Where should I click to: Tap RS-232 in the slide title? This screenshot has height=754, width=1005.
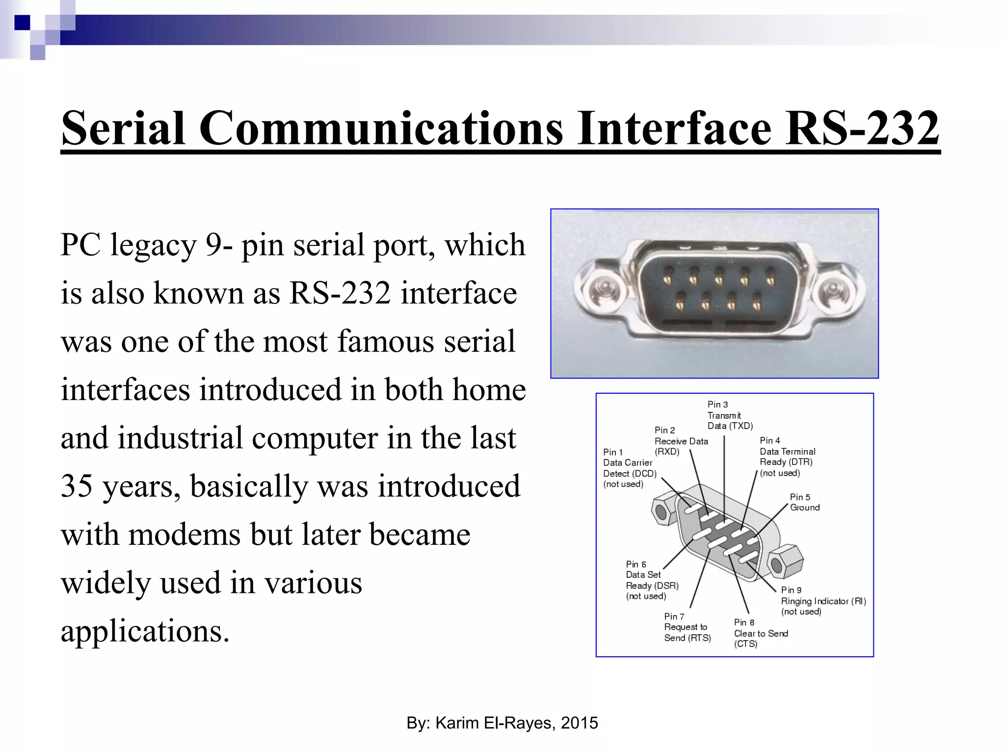[x=862, y=129]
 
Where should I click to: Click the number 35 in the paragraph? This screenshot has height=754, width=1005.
[x=77, y=486]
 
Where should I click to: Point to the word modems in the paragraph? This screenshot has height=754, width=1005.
[x=185, y=534]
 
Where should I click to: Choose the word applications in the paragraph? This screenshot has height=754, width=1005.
[x=145, y=631]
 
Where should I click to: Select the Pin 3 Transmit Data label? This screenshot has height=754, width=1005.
[x=729, y=415]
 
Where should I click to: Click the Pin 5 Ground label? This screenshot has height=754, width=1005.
[x=804, y=502]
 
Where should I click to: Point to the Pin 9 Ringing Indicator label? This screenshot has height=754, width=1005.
[x=822, y=601]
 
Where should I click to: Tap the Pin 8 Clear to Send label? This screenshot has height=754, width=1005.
[x=760, y=633]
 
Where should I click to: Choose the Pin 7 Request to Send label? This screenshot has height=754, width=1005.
[x=687, y=627]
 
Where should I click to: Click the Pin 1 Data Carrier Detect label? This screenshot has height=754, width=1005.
[x=629, y=468]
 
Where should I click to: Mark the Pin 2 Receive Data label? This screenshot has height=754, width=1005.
[x=681, y=441]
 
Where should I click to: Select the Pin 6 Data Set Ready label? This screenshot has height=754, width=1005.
[x=652, y=580]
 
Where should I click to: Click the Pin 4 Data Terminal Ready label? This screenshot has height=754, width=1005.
[x=787, y=457]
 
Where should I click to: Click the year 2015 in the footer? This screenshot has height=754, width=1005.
[x=579, y=723]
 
